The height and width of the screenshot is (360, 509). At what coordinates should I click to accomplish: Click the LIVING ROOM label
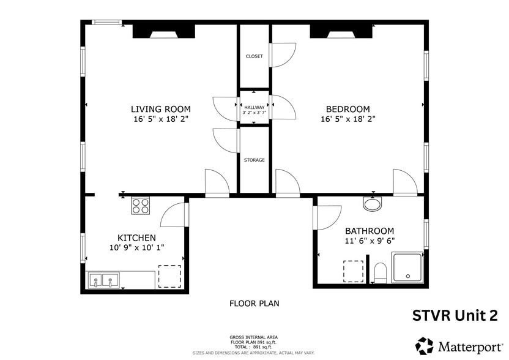coord(161,109)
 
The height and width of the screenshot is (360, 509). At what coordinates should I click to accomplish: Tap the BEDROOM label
coord(347,109)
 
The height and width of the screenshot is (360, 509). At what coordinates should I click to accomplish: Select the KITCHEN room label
coord(136,238)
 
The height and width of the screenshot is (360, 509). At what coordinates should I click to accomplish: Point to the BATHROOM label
coord(370,231)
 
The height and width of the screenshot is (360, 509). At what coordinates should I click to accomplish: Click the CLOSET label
coord(254,56)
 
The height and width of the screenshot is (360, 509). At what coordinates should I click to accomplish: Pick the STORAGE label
coord(254,160)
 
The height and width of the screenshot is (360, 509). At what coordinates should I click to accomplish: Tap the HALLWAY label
coord(254,107)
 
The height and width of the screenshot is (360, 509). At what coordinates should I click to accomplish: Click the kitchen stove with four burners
coord(140,206)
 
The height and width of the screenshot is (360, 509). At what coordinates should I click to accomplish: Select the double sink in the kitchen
coord(103,280)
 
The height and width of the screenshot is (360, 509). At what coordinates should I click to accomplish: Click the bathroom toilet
coord(380,273)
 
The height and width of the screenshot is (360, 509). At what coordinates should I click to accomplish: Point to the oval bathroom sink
coord(373,204)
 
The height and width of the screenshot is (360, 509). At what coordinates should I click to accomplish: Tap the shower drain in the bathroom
coord(407,276)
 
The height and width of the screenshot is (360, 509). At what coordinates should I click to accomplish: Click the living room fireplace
coord(163,31)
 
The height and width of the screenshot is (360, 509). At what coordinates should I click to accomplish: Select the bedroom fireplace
coord(341,31)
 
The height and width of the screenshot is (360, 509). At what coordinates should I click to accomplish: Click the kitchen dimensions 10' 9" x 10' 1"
coord(136,247)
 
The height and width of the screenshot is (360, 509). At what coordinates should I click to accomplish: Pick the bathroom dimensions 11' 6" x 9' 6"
coord(370,241)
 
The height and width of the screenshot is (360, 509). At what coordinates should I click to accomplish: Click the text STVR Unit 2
coord(455,315)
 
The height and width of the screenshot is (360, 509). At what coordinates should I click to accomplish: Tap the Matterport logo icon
coord(425,346)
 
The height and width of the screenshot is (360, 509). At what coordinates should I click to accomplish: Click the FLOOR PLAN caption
coord(254,304)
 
